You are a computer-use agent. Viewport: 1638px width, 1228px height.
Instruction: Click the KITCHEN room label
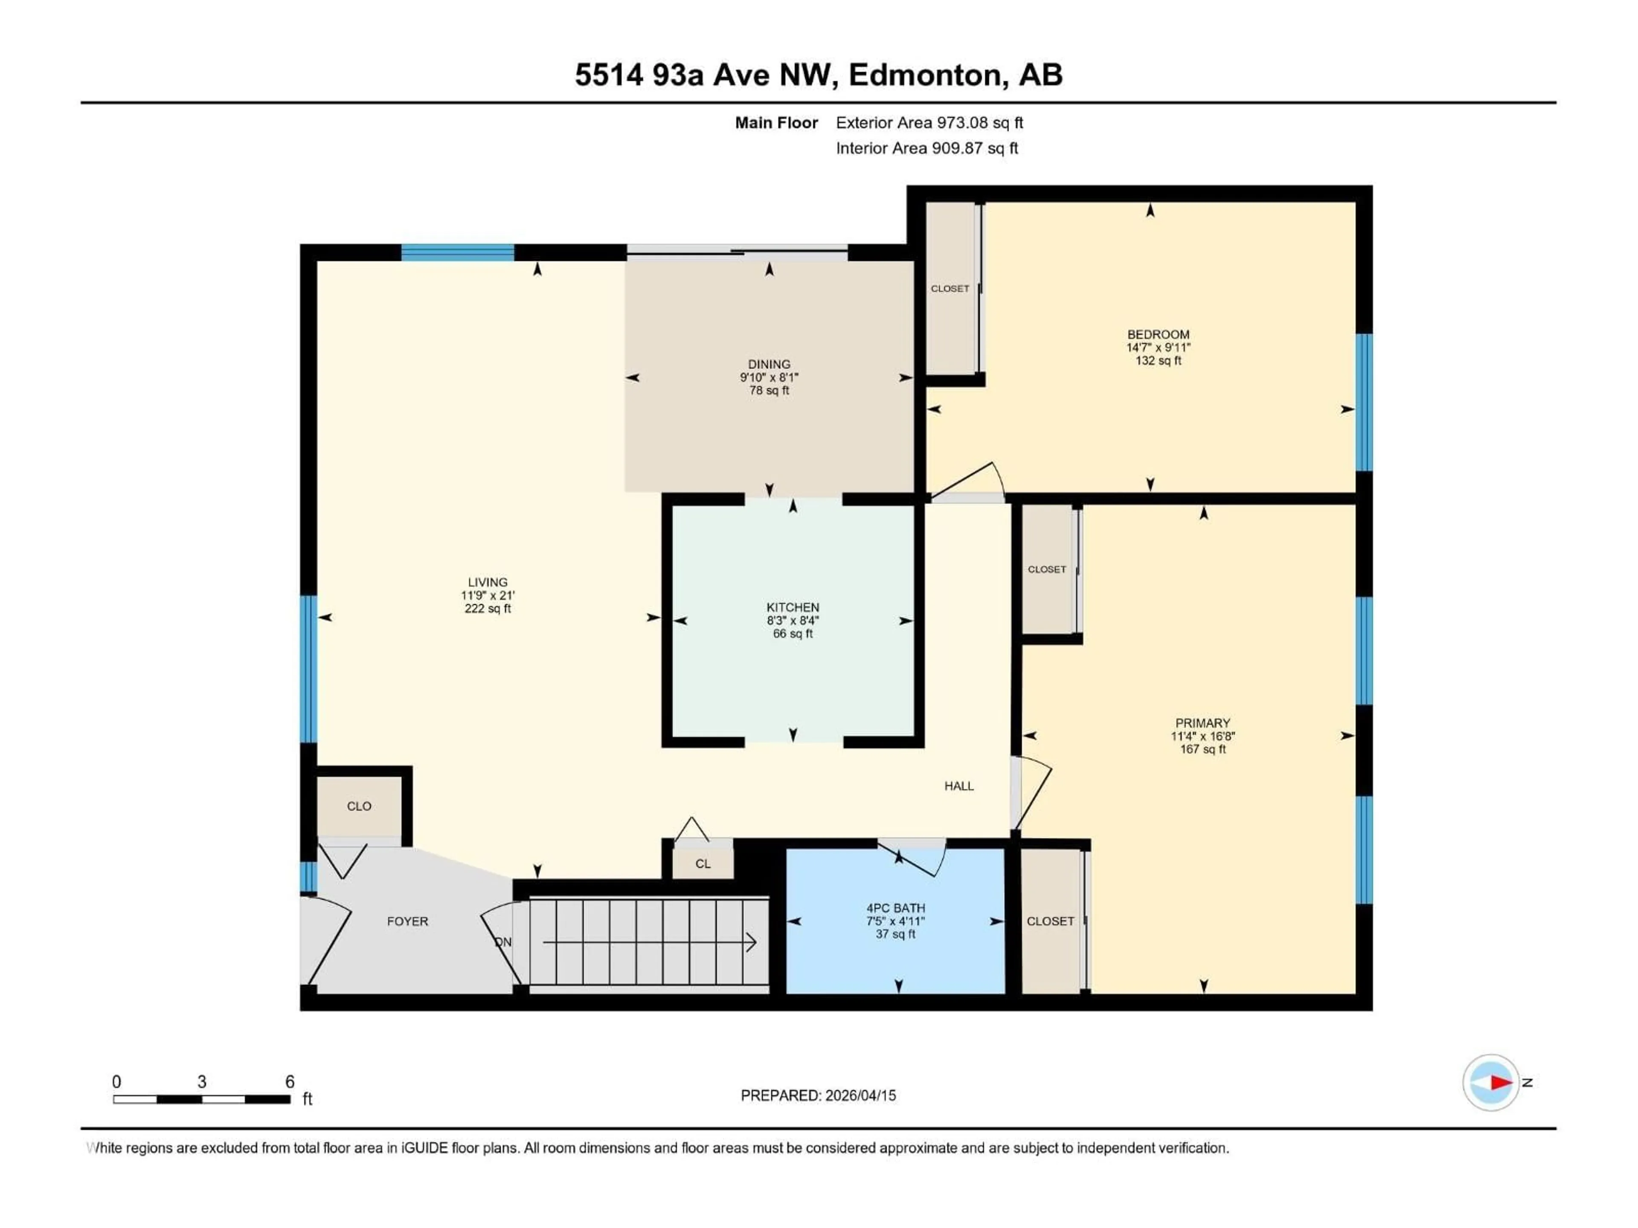tap(793, 607)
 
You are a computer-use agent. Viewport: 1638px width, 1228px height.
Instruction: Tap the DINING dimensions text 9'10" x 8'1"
tap(769, 377)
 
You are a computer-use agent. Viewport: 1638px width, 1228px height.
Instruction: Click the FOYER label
tap(407, 921)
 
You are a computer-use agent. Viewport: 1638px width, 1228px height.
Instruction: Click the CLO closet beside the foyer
tap(359, 806)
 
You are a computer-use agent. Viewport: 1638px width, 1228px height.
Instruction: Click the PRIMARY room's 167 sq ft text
tap(1202, 749)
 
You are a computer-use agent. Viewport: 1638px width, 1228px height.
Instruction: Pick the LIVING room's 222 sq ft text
tap(487, 608)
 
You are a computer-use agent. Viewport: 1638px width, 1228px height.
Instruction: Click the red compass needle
tap(1501, 1082)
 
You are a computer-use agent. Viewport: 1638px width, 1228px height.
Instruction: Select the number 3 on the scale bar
tap(201, 1081)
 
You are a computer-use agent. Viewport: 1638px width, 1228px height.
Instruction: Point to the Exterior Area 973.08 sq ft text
tap(929, 123)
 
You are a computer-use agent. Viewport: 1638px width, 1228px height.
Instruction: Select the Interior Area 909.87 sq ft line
tap(926, 148)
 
